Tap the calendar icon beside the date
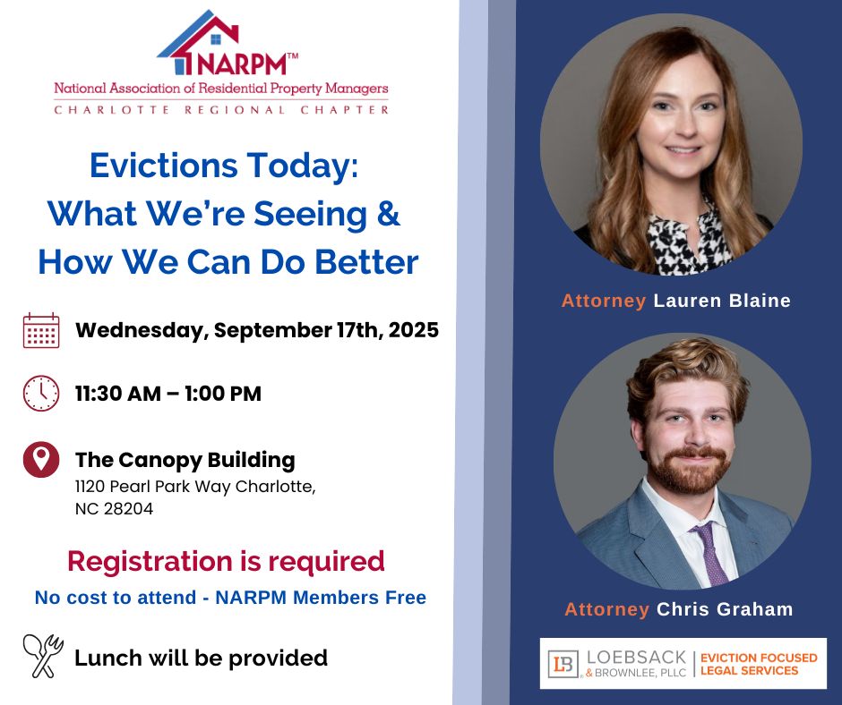coord(41,330)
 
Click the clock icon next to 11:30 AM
coord(41,394)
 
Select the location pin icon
coord(41,459)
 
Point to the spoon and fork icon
coord(43,656)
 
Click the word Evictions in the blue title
coord(163,166)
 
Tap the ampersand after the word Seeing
coord(388,213)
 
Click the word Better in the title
coord(366,262)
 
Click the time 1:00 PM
coord(223,394)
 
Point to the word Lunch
coord(108,658)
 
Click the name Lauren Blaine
coord(722,301)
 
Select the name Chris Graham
coord(725,609)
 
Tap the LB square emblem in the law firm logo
coord(563,664)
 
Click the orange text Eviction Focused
coord(759,658)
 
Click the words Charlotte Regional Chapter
coord(221,110)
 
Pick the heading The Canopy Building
coord(185,461)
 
